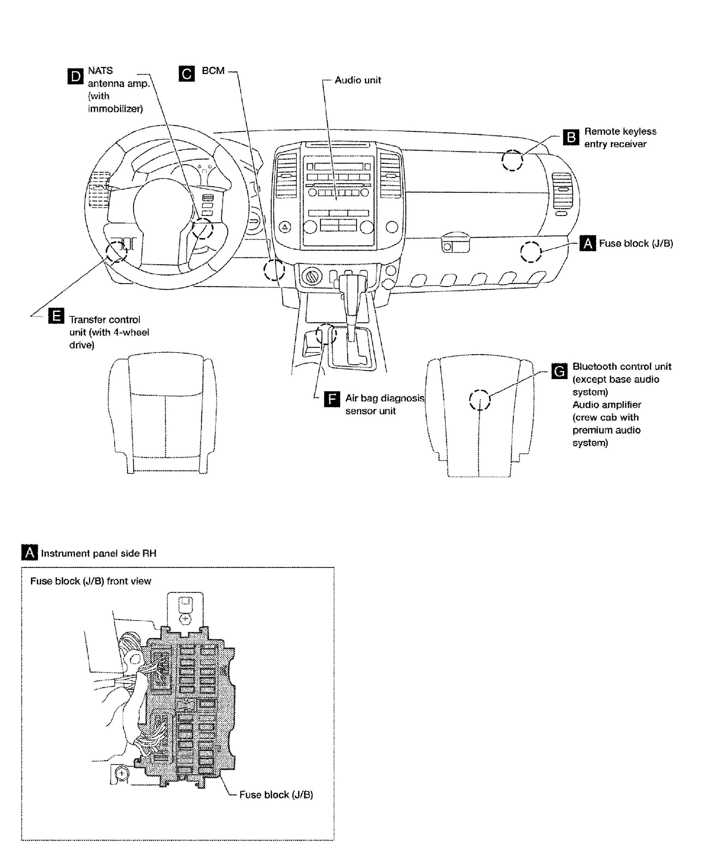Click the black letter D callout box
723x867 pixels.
(x=75, y=76)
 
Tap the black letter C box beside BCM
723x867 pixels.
(x=187, y=74)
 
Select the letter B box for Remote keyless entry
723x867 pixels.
(x=571, y=138)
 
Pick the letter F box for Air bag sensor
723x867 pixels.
(x=332, y=399)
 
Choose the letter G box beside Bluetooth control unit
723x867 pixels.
(x=559, y=371)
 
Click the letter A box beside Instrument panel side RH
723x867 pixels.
(x=29, y=553)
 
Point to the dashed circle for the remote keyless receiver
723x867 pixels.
(x=512, y=160)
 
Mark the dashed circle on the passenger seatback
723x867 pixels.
(x=479, y=400)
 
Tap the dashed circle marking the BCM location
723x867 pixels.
(x=274, y=270)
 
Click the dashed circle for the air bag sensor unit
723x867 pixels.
(x=326, y=334)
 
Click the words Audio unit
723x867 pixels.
(x=357, y=80)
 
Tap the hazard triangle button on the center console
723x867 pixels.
(x=285, y=227)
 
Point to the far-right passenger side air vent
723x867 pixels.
(x=561, y=190)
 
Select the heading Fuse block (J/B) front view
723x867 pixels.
(x=90, y=581)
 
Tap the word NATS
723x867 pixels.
(x=100, y=70)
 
